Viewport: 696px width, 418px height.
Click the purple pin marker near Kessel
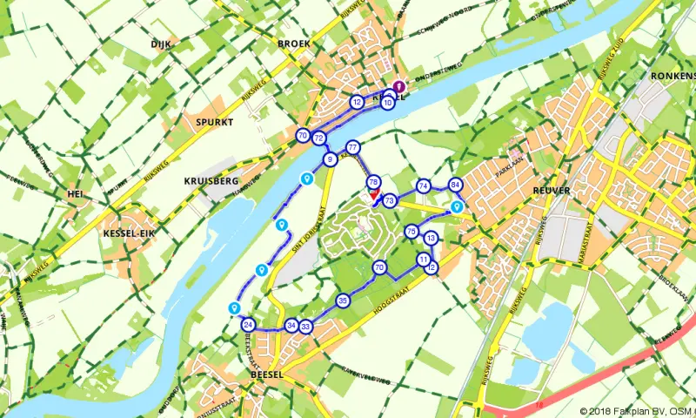coord(399,87)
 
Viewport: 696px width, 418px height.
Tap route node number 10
coord(387,103)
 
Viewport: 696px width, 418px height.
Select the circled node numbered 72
coord(319,138)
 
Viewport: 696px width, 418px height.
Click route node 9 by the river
coord(330,159)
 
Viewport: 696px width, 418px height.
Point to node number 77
coord(352,146)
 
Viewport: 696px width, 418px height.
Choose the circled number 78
coord(373,182)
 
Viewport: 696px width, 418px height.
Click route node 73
coord(390,200)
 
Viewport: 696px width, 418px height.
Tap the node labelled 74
coord(424,185)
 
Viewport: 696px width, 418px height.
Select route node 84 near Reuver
coord(455,185)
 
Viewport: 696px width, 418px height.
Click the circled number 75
coord(412,231)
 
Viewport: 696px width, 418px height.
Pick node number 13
coord(430,238)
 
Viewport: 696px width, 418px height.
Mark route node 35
coord(343,300)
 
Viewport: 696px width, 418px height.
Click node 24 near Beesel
coord(248,325)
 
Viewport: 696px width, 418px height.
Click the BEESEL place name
coord(267,373)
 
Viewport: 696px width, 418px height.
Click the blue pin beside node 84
coord(457,207)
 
